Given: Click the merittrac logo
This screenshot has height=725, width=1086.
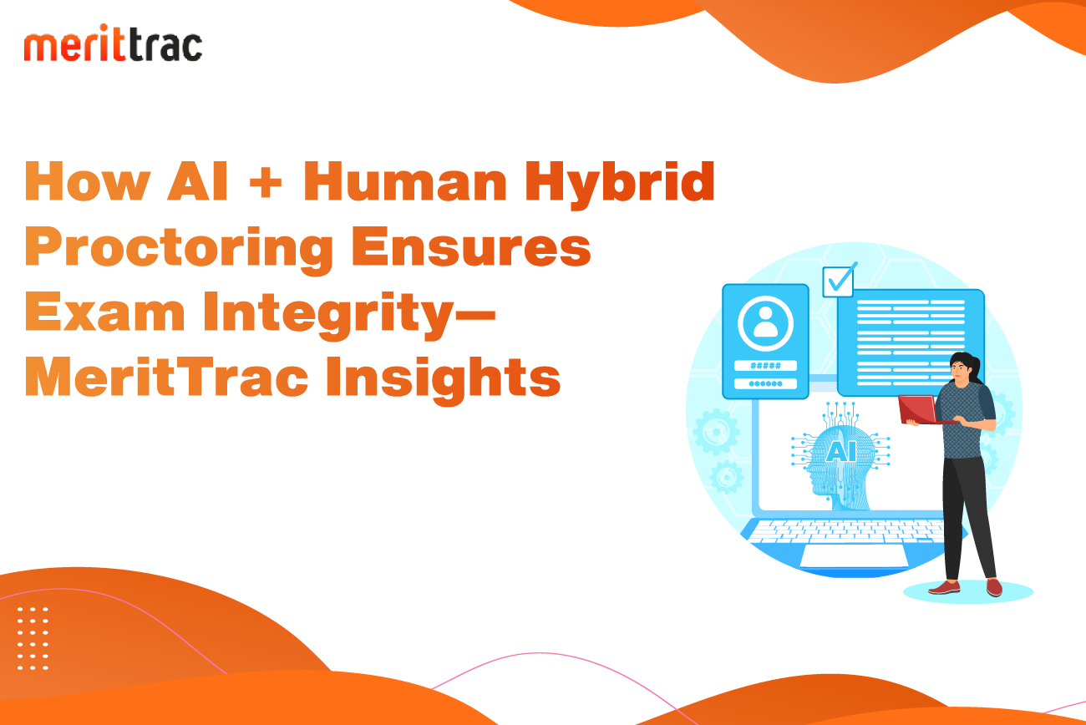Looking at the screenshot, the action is (x=113, y=43).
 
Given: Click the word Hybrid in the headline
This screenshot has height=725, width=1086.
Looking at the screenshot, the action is (x=620, y=185).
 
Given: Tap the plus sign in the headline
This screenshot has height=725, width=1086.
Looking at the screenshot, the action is (x=265, y=182).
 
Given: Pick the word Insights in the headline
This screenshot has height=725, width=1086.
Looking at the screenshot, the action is (x=443, y=380).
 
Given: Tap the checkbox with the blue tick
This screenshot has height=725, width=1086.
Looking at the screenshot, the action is (x=840, y=280).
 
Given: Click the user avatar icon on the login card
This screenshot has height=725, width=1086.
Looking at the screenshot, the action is (x=765, y=323).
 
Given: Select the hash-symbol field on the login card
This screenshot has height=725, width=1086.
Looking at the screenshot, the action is (x=765, y=365).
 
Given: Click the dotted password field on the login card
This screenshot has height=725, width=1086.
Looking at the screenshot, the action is (x=765, y=384).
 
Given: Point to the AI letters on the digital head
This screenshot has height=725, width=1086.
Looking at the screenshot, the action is (x=840, y=452).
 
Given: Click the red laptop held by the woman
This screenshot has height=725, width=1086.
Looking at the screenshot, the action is (x=919, y=410).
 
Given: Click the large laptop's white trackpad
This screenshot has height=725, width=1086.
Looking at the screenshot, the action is (x=854, y=555).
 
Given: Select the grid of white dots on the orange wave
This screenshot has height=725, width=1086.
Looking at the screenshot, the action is (x=33, y=639).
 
